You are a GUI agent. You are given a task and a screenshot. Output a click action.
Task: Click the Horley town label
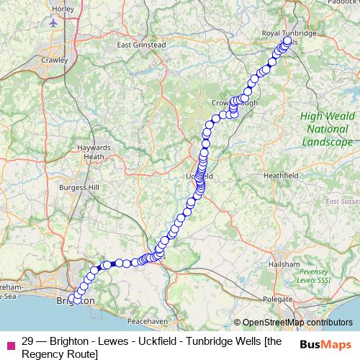pyautogui.click(x=63, y=9)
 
